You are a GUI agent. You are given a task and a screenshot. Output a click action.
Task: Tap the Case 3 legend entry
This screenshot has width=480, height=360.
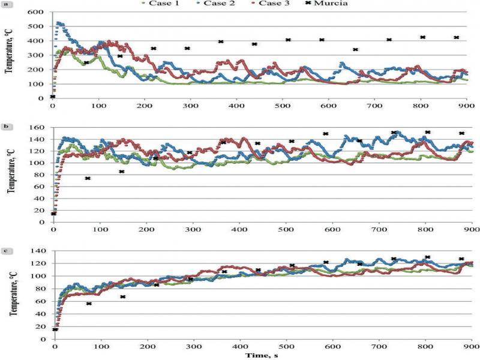tap(270, 4)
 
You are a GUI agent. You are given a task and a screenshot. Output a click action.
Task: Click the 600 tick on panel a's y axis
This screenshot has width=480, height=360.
tap(37, 12)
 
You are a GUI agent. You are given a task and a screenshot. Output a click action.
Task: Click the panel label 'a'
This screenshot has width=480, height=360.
tap(5, 5)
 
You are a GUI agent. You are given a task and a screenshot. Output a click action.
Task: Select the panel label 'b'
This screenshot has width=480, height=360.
tap(5, 126)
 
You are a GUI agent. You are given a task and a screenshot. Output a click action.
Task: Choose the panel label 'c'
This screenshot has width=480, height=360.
tap(5, 251)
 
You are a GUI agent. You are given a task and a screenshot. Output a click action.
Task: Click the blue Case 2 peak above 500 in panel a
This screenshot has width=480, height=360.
tap(59, 23)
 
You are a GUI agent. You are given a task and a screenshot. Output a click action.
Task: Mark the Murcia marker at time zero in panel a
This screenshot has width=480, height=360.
tap(53, 97)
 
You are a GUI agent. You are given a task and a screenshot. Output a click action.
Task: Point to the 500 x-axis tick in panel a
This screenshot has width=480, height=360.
tap(282, 106)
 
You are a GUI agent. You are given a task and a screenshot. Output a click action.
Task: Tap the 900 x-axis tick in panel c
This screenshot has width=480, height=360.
tap(472, 346)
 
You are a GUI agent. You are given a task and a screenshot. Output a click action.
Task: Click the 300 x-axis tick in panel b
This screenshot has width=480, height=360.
tap(193, 229)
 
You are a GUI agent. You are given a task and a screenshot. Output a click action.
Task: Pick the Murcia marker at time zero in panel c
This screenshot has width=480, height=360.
tap(55, 329)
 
